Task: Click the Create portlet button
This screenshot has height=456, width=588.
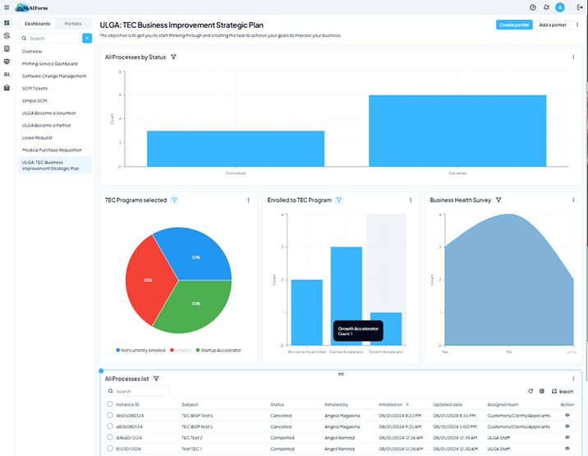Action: (x=514, y=25)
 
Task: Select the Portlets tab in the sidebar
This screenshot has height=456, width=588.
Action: (x=72, y=24)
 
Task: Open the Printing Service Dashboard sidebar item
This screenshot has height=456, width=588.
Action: (x=49, y=63)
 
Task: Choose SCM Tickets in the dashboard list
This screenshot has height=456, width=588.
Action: (x=34, y=88)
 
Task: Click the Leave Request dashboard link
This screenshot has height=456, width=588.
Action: (x=37, y=137)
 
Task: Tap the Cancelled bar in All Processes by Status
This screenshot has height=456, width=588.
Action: (x=457, y=131)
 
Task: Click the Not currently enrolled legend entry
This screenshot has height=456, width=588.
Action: (x=141, y=350)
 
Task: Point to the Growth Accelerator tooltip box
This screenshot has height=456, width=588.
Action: (x=357, y=331)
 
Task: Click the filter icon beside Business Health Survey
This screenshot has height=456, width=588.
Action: (x=498, y=200)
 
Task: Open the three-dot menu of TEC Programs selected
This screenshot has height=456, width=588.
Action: (x=248, y=200)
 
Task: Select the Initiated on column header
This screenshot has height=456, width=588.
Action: (x=390, y=404)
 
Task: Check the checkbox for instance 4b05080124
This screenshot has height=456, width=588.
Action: (x=110, y=415)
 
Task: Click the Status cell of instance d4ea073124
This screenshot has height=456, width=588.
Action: (x=282, y=437)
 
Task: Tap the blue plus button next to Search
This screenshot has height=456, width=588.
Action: (x=87, y=38)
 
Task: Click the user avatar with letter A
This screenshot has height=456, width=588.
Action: (x=559, y=7)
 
